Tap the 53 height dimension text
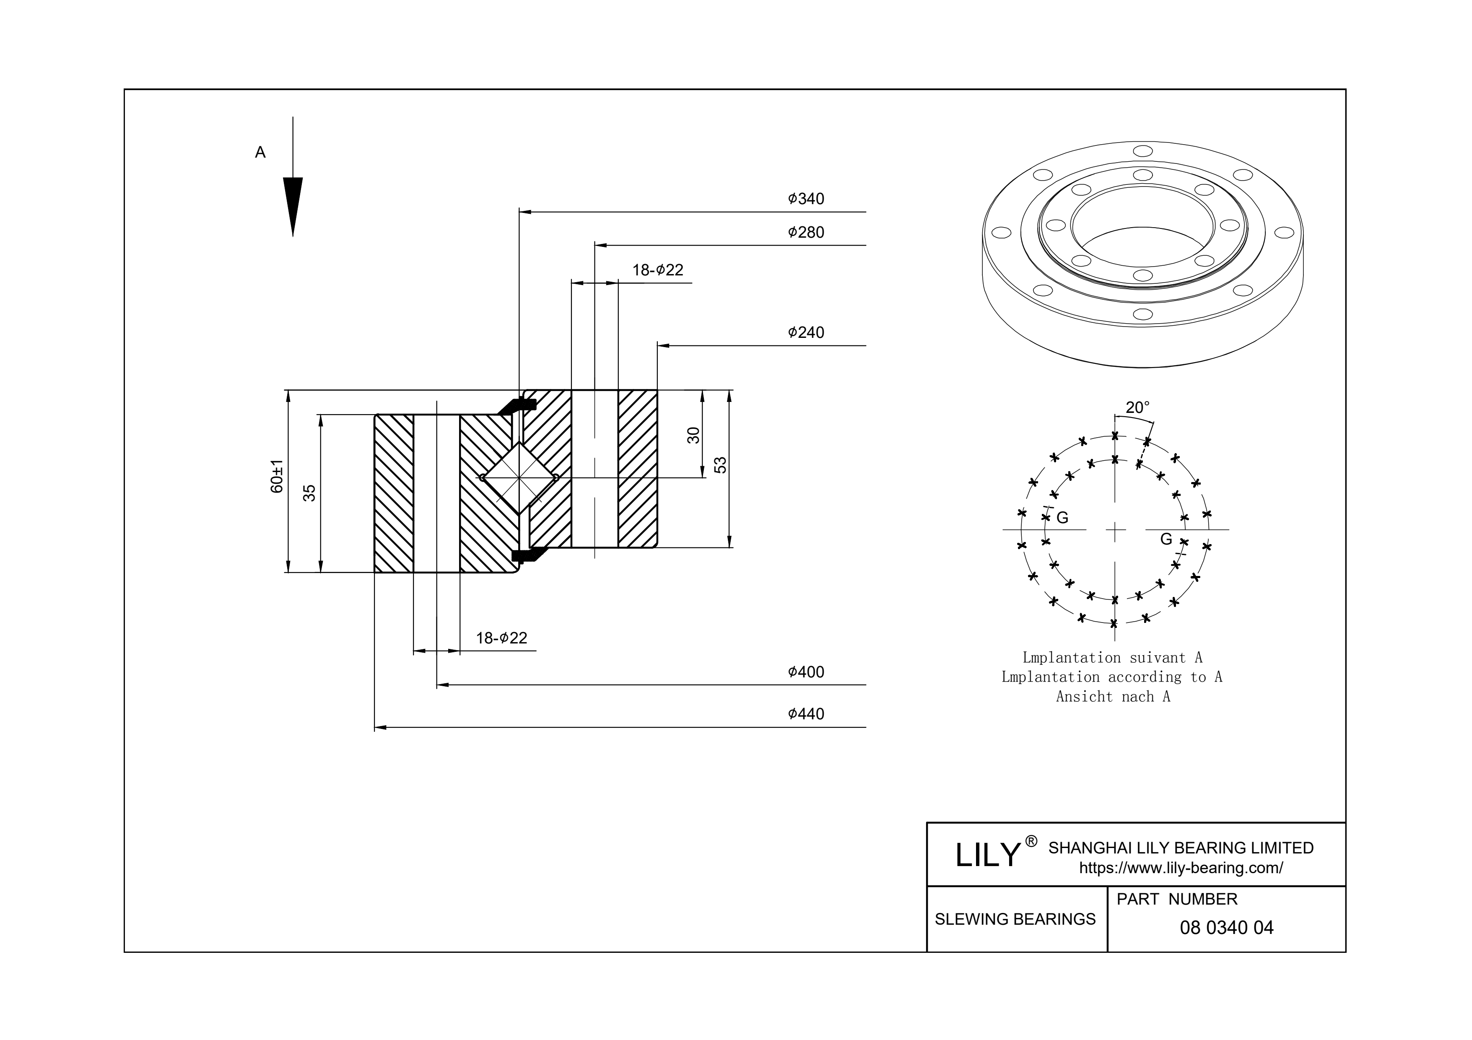click(721, 465)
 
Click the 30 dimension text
click(693, 436)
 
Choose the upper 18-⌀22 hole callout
click(658, 270)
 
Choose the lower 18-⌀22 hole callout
click(501, 638)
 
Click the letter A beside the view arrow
click(260, 153)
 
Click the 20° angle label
click(1138, 407)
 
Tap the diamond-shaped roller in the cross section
click(520, 478)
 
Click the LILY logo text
click(987, 855)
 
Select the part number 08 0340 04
click(1226, 928)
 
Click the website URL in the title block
click(1181, 868)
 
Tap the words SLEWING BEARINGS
click(1015, 919)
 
